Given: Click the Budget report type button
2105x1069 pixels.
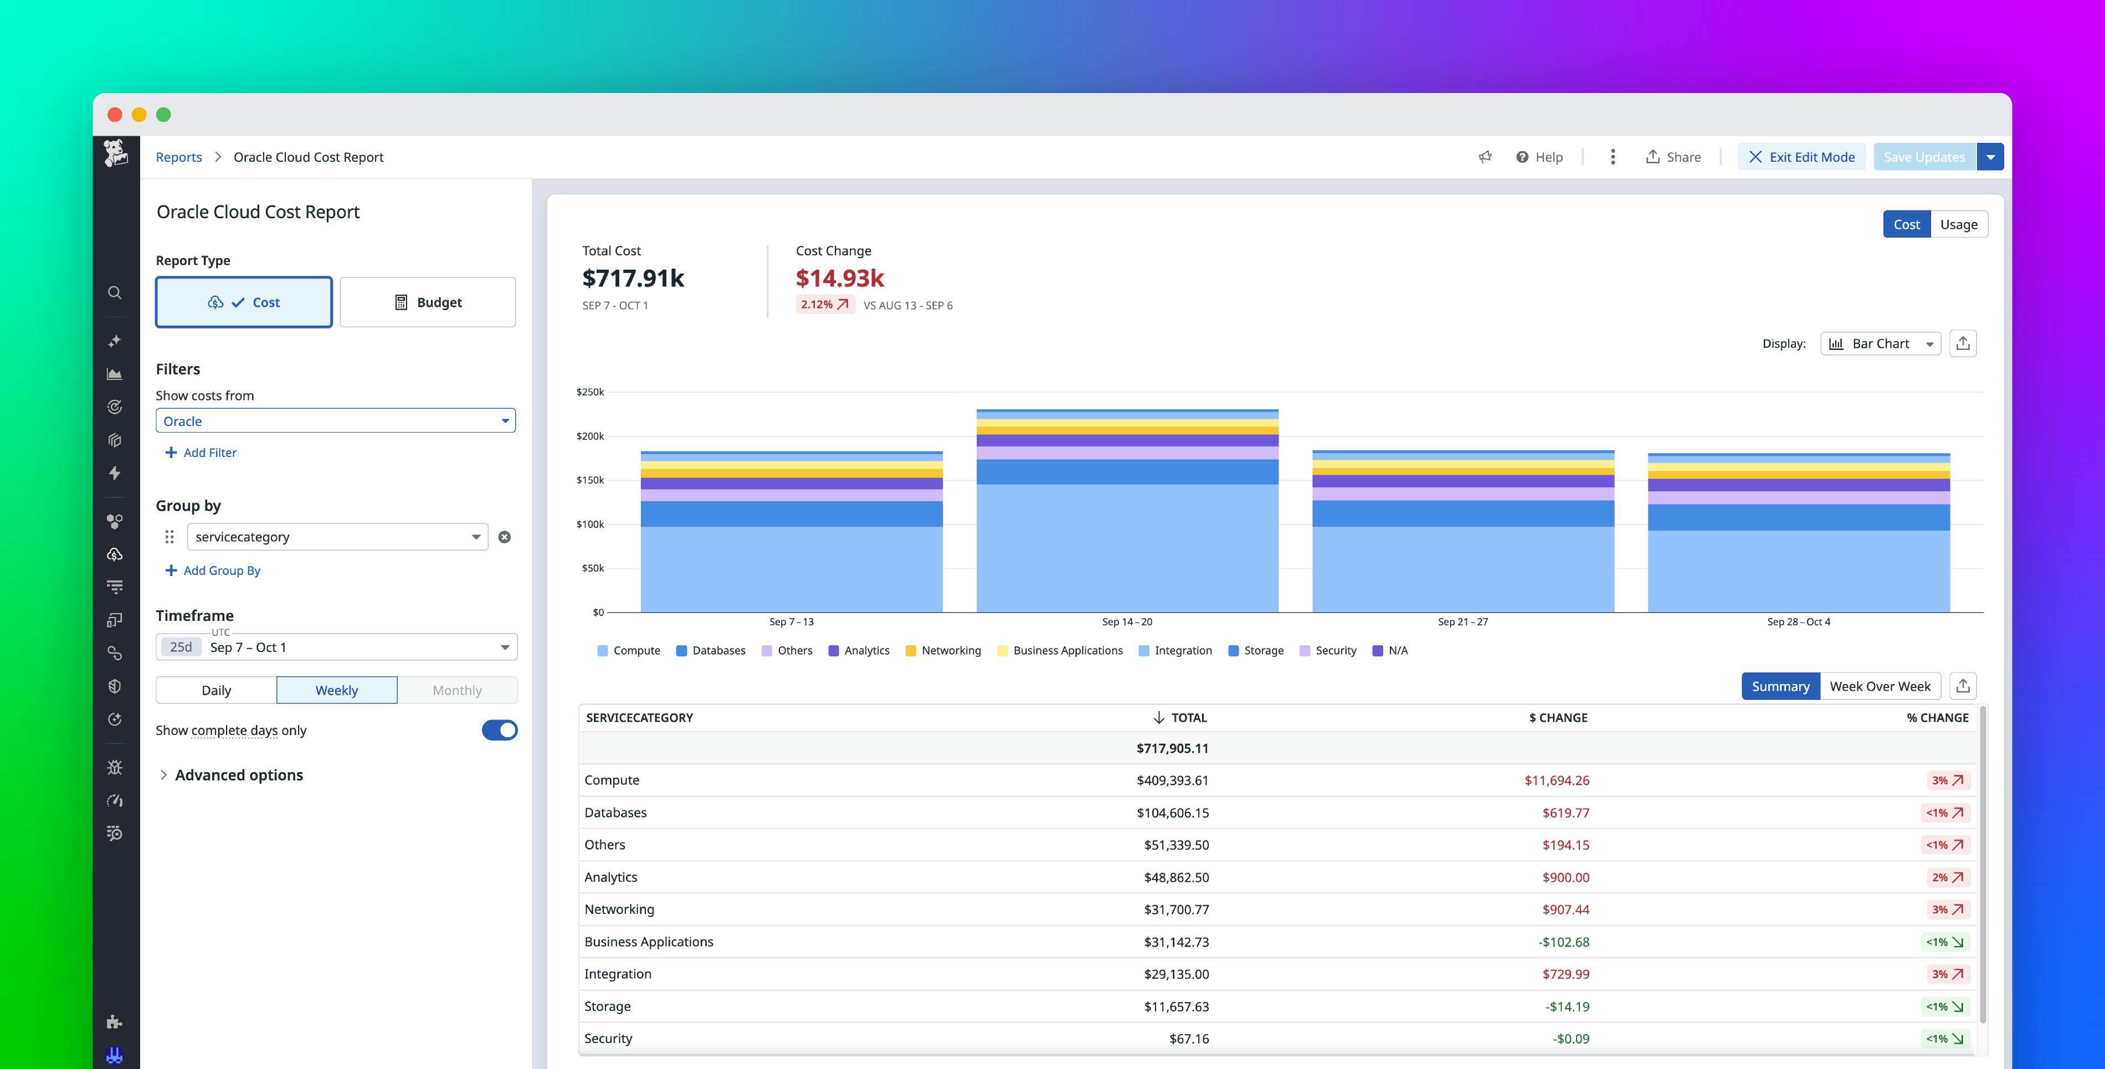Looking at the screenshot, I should click(x=428, y=302).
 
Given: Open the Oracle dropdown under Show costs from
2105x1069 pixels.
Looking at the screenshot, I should click(x=335, y=421).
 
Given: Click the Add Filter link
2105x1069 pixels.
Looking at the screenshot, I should click(x=201, y=453).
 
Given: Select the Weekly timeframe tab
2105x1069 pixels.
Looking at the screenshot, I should click(x=337, y=691).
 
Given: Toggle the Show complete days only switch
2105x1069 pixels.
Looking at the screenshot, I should click(x=499, y=731).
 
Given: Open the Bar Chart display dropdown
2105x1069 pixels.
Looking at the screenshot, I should click(x=1880, y=344).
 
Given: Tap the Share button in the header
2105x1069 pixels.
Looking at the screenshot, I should click(x=1673, y=157).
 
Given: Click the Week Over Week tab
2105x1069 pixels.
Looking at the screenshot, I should click(x=1880, y=686).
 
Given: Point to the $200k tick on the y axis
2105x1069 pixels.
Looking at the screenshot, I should click(x=590, y=436).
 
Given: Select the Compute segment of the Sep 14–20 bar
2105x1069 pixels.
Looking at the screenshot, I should click(x=1127, y=548).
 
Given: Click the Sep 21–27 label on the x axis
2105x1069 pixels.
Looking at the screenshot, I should click(x=1463, y=622).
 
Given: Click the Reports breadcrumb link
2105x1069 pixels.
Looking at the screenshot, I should click(x=179, y=157).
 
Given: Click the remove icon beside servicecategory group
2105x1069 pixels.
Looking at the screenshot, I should click(x=504, y=537).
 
